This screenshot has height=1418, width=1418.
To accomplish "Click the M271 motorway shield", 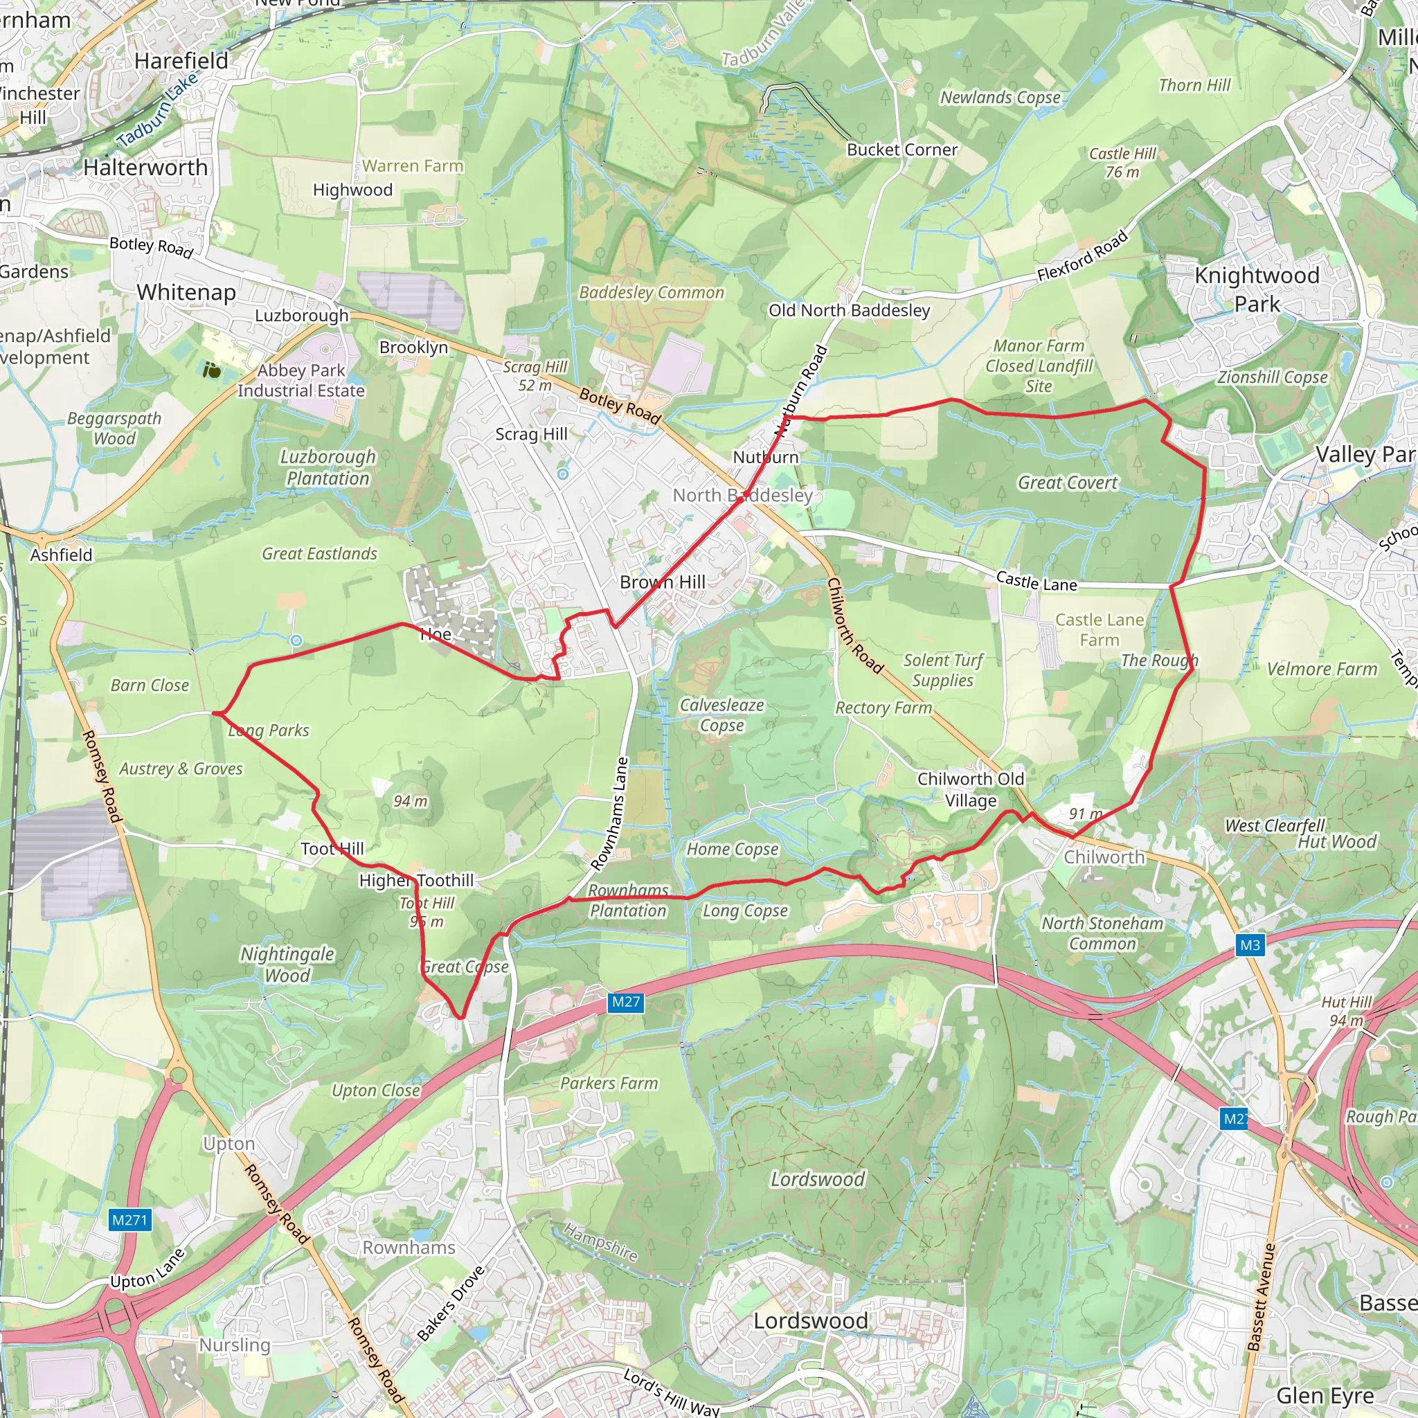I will tap(130, 1221).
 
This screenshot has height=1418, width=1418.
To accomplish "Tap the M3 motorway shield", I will tap(1250, 944).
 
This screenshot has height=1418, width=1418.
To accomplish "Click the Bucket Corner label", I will tap(902, 150).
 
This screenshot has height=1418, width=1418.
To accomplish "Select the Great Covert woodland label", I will tap(1067, 483).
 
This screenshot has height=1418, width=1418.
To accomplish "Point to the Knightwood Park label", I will tap(1257, 289).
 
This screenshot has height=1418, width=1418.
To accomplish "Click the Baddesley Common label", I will tap(651, 293).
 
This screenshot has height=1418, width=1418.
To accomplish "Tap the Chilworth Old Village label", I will tap(970, 789).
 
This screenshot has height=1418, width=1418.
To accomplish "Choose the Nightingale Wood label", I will tap(287, 964).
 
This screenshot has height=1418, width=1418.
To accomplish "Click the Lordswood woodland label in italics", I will tap(817, 1179).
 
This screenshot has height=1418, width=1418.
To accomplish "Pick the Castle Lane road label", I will tap(1036, 582).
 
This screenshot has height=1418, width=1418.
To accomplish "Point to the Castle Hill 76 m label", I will tap(1122, 162).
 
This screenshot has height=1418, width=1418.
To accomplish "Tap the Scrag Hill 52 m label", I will tap(535, 376).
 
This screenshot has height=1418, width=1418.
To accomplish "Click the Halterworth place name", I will tap(145, 168).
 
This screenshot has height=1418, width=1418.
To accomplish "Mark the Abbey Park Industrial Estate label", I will tap(301, 380).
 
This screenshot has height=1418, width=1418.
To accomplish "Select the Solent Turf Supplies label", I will tap(943, 670).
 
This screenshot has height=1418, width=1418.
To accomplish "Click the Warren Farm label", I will tap(413, 167).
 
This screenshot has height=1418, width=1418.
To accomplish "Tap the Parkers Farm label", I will tap(609, 1084).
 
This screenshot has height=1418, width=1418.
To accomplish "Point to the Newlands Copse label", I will tap(1000, 98).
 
